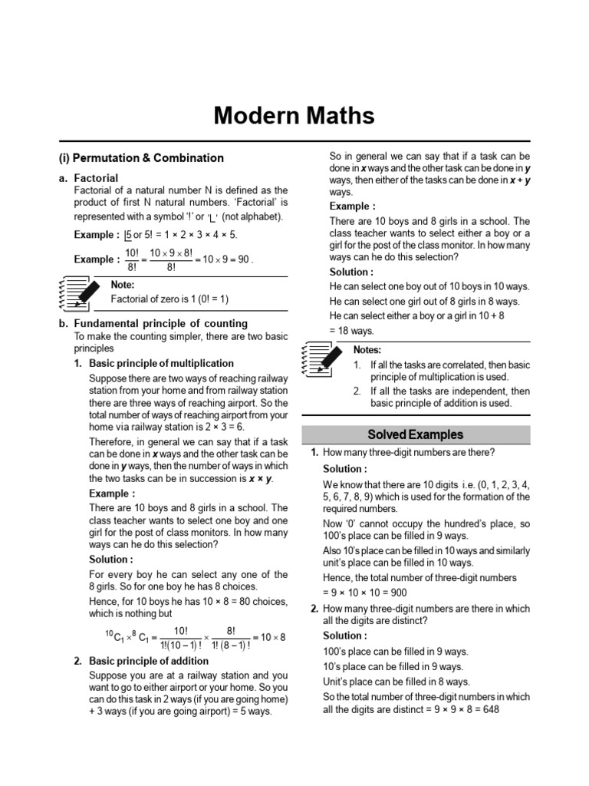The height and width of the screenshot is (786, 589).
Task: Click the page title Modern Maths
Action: [294, 116]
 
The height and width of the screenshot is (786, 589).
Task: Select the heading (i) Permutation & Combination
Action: [141, 158]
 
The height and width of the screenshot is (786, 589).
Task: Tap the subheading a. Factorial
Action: [89, 177]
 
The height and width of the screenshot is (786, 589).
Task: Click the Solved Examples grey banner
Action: [416, 434]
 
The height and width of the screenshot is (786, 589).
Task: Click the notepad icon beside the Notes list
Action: [323, 358]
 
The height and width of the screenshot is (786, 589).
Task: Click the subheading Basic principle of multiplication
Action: [161, 363]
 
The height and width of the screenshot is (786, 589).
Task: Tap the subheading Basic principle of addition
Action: [149, 661]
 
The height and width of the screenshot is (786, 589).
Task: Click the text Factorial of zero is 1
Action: [169, 299]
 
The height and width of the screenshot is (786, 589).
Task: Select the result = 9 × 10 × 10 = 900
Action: [365, 593]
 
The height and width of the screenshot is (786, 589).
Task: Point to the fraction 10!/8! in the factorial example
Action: [131, 259]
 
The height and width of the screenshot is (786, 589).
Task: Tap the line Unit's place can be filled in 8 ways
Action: [397, 682]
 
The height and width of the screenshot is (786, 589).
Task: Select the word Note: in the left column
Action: [123, 285]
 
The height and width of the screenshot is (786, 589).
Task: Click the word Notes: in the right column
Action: [367, 350]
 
